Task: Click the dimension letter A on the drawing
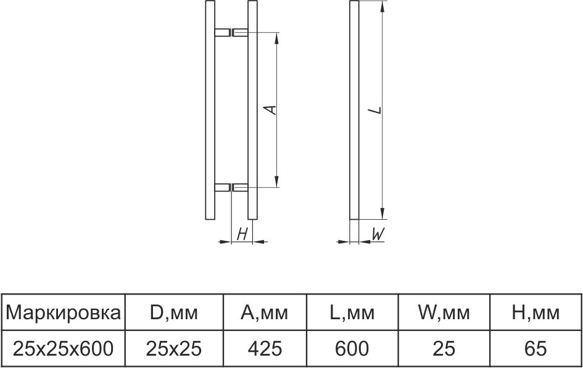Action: pyautogui.click(x=269, y=109)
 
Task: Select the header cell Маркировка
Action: pyautogui.click(x=64, y=313)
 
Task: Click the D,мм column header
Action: pyautogui.click(x=174, y=313)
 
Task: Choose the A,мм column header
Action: pyautogui.click(x=264, y=313)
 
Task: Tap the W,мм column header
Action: pyautogui.click(x=444, y=313)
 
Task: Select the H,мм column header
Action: pyautogui.click(x=535, y=313)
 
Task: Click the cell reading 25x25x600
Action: pyautogui.click(x=64, y=349)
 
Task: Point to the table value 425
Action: pyautogui.click(x=264, y=349)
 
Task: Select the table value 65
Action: pyautogui.click(x=535, y=349)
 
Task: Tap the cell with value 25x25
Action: pyautogui.click(x=174, y=349)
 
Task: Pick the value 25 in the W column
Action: pyautogui.click(x=444, y=349)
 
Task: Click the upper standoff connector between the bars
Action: pyautogui.click(x=231, y=32)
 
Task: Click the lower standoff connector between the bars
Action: pyautogui.click(x=231, y=186)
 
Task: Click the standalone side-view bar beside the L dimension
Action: pyautogui.click(x=354, y=111)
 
